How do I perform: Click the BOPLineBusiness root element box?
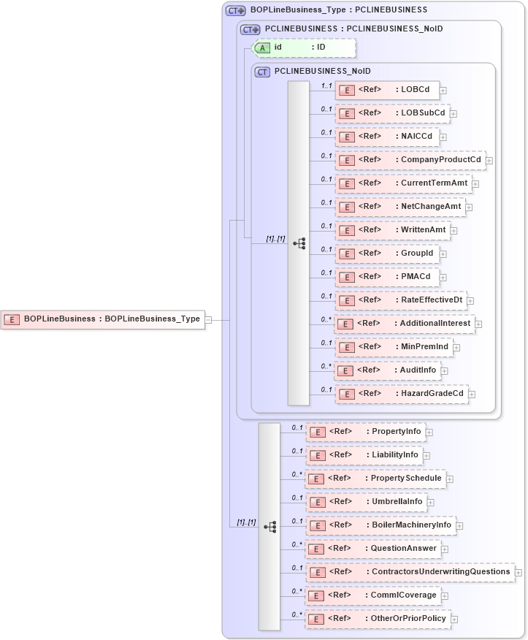pos(102,319)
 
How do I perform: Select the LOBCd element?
pos(387,91)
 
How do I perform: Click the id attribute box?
pos(304,47)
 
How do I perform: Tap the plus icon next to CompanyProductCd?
pos(489,161)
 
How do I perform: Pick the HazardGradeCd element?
pos(402,393)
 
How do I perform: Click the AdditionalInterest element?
pos(404,324)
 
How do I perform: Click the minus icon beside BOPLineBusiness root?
pos(209,319)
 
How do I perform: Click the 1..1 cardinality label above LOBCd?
pos(326,85)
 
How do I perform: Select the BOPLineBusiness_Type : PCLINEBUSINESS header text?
pos(338,10)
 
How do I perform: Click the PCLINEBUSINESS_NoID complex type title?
pos(322,71)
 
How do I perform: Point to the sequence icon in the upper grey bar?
pos(299,243)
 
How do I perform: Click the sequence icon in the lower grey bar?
pos(269,526)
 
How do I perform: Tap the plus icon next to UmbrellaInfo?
pos(431,503)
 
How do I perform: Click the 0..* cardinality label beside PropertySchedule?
pos(296,473)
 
